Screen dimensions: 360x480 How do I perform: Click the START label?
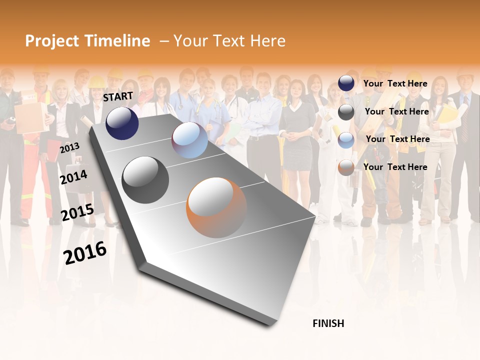click(x=118, y=96)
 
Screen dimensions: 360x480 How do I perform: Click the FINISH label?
click(x=328, y=323)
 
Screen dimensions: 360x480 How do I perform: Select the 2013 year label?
click(x=69, y=148)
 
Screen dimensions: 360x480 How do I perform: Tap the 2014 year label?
click(x=73, y=177)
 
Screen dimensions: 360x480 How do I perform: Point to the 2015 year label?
click(x=77, y=212)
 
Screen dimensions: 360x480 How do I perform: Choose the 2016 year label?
click(x=85, y=252)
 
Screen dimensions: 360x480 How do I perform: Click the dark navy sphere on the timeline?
click(x=122, y=123)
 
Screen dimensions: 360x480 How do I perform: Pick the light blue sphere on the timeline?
click(x=189, y=140)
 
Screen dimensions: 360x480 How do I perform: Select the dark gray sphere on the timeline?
click(x=145, y=180)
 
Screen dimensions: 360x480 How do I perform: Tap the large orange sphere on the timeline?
click(x=216, y=207)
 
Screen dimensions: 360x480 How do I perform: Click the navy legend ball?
click(x=346, y=83)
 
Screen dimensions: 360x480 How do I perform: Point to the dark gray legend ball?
click(x=346, y=112)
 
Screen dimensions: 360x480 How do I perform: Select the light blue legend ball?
click(x=346, y=140)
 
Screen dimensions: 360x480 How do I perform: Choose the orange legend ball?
click(x=346, y=167)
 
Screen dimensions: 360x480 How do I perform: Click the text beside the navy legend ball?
click(x=395, y=83)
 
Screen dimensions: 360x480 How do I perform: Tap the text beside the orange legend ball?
click(x=395, y=167)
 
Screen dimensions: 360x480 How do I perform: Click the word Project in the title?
click(x=52, y=41)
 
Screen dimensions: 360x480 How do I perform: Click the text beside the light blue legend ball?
click(x=397, y=139)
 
